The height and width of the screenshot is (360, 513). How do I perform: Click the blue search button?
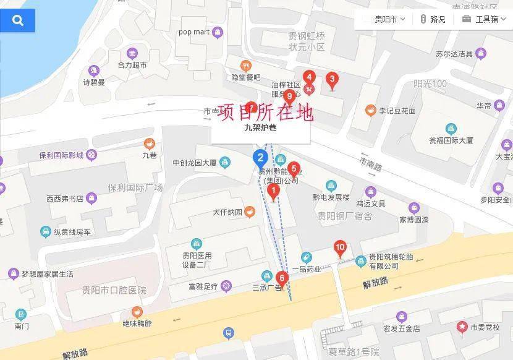click(17, 20)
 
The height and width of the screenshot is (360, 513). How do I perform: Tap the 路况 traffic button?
click(432, 19)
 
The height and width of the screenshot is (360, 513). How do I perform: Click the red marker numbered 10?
click(340, 249)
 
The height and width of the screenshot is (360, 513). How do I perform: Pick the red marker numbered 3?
click(332, 80)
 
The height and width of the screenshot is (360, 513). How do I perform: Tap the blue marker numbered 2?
click(261, 158)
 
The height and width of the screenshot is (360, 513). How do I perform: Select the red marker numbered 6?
click(282, 279)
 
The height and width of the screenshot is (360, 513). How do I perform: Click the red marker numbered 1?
click(274, 191)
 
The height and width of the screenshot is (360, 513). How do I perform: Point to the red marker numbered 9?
click(289, 96)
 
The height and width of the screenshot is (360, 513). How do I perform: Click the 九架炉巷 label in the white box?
click(260, 129)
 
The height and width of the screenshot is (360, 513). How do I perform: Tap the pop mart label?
click(195, 32)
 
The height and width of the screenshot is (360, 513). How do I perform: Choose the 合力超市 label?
click(132, 64)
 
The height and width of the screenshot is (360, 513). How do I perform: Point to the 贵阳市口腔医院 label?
click(114, 290)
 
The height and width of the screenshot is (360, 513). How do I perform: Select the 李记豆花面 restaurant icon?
click(370, 111)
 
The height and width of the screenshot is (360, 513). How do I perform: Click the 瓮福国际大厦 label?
click(451, 140)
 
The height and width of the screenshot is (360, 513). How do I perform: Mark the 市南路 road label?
click(371, 163)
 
